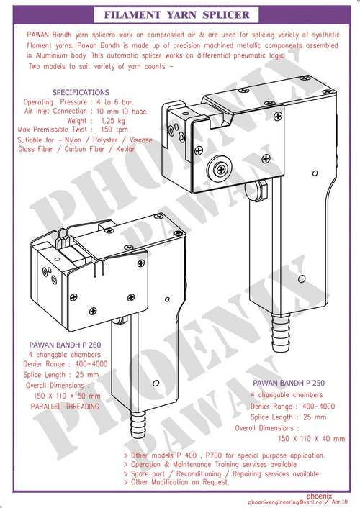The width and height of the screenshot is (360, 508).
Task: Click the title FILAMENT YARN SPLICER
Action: point(176,14)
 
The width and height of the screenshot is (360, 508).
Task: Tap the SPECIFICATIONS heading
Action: point(81,92)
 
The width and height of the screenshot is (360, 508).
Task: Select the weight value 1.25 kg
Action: point(112,121)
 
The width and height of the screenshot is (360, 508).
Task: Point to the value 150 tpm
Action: point(114,130)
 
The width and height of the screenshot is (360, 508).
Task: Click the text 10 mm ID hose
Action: point(121,112)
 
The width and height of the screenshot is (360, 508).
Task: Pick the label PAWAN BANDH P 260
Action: point(65,345)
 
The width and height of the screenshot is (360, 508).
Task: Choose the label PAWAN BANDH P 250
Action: point(289,383)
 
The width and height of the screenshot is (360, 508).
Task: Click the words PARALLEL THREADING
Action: point(65,407)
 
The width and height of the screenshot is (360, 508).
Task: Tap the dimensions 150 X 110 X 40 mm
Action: point(311,439)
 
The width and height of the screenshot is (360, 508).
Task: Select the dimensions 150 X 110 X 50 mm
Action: point(67,396)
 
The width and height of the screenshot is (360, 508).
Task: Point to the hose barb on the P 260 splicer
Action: point(138,425)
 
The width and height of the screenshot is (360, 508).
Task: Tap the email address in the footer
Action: point(286,502)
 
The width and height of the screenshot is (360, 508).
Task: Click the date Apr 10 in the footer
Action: point(339,502)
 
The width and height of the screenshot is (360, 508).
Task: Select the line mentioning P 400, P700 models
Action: point(224,455)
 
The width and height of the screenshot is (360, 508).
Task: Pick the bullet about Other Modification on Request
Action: point(176,482)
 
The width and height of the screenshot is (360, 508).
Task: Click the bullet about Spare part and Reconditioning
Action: point(221,473)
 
